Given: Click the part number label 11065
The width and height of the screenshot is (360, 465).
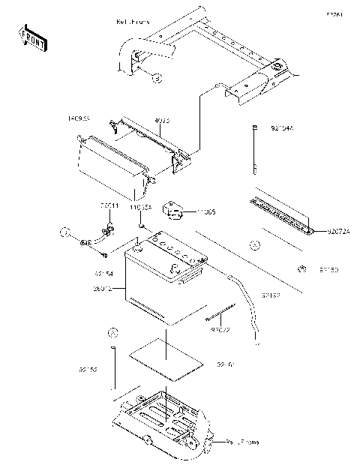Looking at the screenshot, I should (x=205, y=212).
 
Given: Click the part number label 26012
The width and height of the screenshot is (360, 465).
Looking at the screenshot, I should (x=104, y=288).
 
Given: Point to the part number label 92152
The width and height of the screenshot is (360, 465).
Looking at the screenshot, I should (x=88, y=370).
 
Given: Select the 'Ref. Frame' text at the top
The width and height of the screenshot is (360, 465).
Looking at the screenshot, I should (x=133, y=22).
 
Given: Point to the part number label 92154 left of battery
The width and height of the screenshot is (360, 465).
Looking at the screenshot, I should (x=103, y=274).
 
